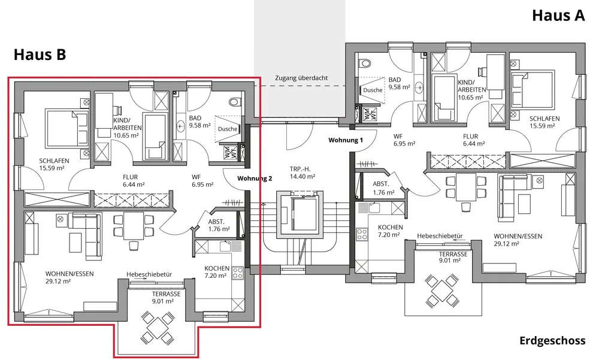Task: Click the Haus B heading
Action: point(40,55)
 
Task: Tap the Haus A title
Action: point(558,16)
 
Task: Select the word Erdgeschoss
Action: point(552,340)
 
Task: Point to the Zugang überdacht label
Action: point(301,78)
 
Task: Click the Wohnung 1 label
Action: point(346,140)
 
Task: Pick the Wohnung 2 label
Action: point(255,179)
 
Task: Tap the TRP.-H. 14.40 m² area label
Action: point(302,173)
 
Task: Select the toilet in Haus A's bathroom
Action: point(365,62)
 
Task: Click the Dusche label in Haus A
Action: point(373,90)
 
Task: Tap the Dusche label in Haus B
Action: point(228,129)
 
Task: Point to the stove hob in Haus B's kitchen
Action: point(238,273)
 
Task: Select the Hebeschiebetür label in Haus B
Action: point(149,274)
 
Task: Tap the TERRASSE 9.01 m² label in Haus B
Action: point(166,297)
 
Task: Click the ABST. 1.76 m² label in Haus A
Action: point(383,189)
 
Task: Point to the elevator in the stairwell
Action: point(299,216)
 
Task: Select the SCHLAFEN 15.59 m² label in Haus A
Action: point(544,122)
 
